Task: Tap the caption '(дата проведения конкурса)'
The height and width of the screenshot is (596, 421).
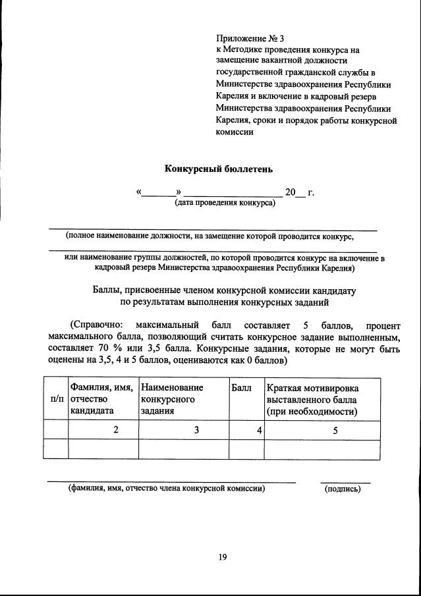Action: [x=225, y=203]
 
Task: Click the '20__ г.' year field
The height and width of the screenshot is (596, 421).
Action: [x=299, y=193]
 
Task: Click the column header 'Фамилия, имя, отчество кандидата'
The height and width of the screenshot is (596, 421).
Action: [x=102, y=399]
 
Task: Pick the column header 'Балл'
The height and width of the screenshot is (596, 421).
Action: [x=242, y=388]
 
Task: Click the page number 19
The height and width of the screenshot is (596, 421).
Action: [x=222, y=557]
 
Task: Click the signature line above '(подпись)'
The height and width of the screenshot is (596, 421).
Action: [x=345, y=482]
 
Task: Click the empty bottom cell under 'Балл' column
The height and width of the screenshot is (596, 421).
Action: [x=246, y=450]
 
